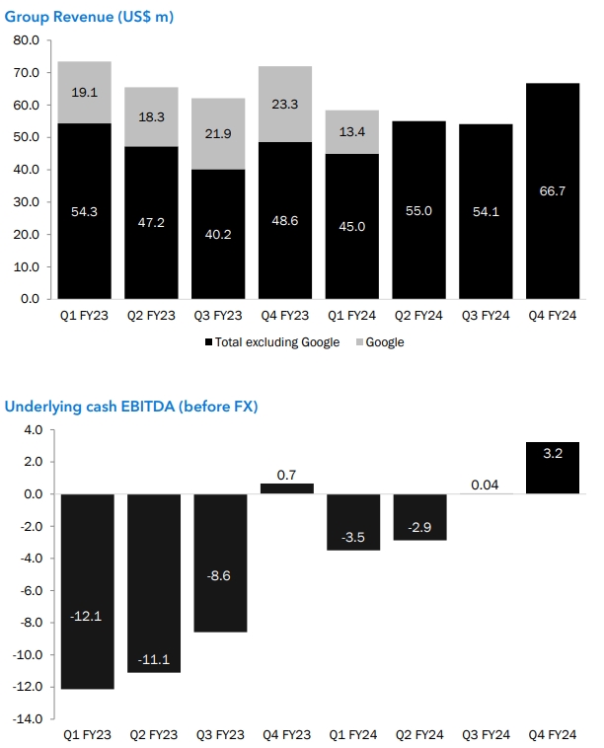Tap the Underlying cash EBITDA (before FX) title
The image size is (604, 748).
tap(130, 407)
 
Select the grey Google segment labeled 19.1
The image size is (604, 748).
tap(85, 93)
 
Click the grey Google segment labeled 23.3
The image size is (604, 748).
tap(285, 105)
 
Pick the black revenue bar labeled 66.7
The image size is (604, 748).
tap(553, 190)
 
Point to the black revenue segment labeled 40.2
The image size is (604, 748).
tap(218, 234)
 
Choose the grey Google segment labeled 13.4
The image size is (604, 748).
tap(352, 131)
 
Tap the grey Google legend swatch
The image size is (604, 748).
tap(371, 342)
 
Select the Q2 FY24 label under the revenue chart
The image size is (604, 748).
tap(418, 315)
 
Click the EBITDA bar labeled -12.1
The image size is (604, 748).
tap(87, 590)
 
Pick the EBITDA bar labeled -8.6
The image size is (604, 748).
tap(220, 562)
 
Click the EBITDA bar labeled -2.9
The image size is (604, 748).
tap(418, 517)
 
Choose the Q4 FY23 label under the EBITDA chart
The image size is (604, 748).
tap(285, 735)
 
